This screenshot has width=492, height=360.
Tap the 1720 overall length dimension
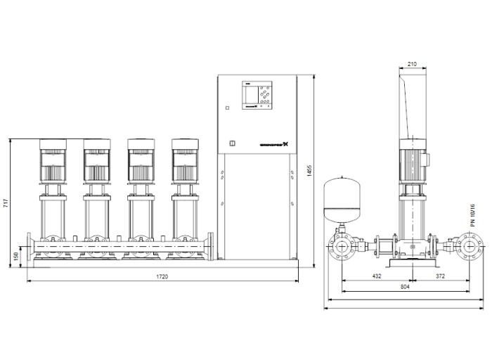163,277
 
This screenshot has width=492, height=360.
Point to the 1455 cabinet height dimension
310,171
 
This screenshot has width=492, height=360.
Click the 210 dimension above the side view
412,64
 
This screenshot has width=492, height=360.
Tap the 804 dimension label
405,288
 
